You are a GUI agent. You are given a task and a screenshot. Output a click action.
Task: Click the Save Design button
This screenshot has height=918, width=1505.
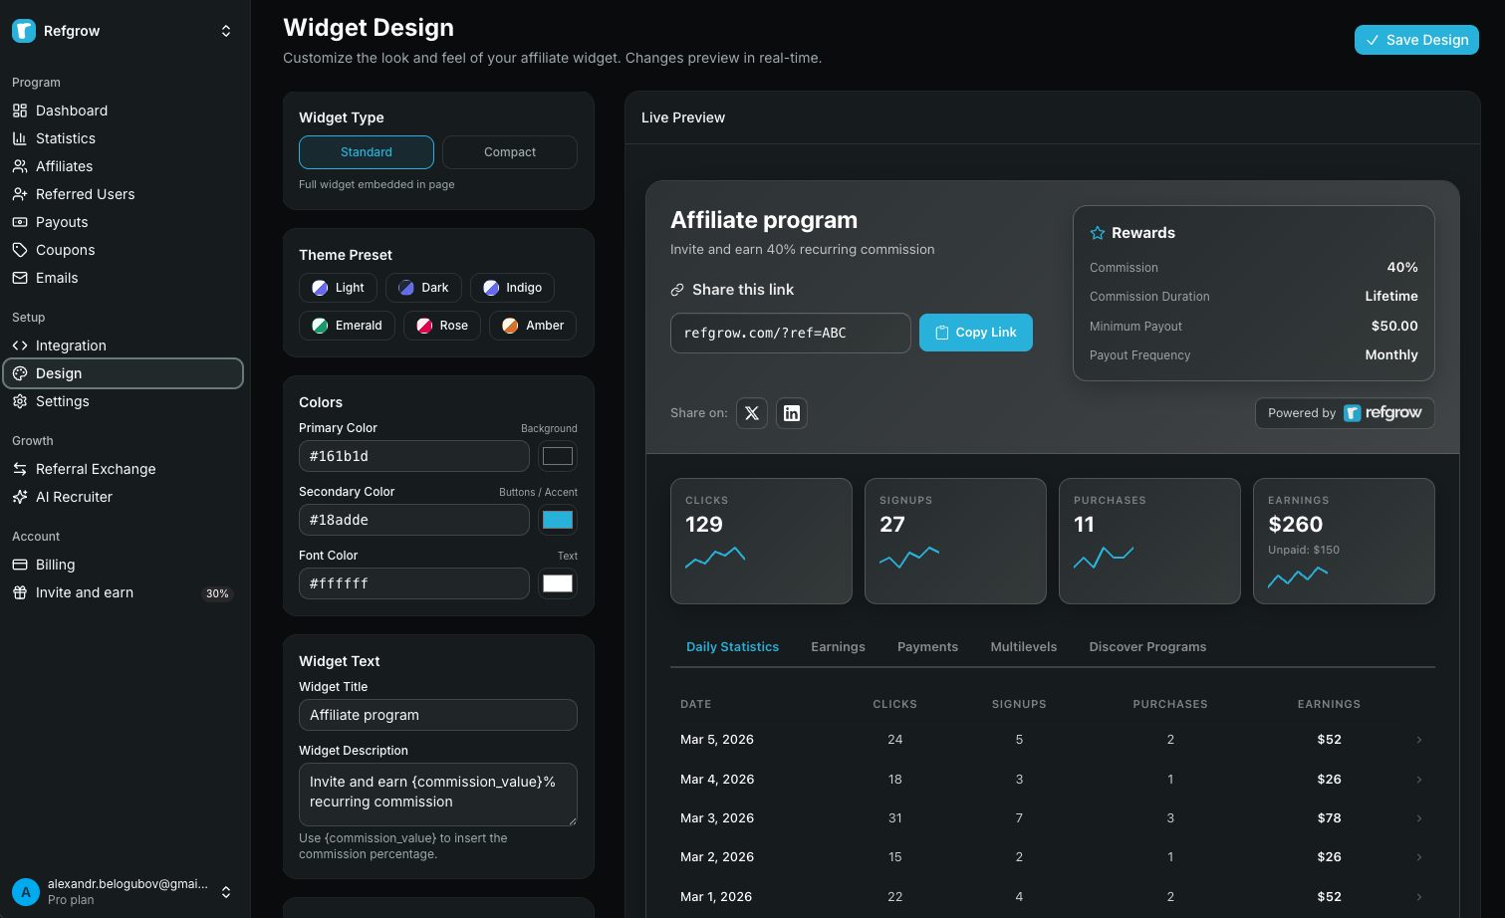click(x=1415, y=40)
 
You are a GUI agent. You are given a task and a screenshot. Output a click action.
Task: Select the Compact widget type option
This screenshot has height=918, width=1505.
click(x=509, y=152)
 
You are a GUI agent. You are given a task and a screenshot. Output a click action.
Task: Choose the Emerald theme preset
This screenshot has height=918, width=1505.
click(x=347, y=326)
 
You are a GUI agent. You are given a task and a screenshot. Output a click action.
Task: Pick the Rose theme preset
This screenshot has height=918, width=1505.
click(x=442, y=326)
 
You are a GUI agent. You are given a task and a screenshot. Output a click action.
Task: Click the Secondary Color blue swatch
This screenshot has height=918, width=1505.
click(x=557, y=520)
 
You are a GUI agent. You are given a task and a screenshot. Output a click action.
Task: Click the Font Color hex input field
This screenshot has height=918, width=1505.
click(x=413, y=583)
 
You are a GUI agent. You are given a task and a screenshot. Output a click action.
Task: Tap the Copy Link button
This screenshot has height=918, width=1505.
click(x=975, y=333)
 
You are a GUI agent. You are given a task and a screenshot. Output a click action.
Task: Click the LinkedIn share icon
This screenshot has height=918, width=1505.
click(x=791, y=413)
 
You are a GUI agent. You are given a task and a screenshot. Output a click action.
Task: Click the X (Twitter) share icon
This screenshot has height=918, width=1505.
click(x=752, y=413)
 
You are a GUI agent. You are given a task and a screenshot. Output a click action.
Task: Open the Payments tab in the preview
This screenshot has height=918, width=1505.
click(x=927, y=647)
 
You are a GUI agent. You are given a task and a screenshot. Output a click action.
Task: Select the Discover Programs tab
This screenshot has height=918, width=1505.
click(x=1147, y=647)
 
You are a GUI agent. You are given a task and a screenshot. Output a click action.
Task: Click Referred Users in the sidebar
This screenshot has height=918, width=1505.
click(x=85, y=194)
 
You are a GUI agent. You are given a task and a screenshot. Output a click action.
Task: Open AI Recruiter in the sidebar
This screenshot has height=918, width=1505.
click(x=74, y=497)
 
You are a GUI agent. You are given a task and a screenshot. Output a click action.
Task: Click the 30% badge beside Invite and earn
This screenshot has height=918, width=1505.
click(x=217, y=593)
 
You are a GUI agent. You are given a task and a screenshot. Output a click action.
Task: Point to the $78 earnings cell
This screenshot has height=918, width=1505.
click(x=1329, y=818)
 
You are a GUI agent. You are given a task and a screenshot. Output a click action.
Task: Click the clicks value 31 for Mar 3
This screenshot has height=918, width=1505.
click(x=894, y=818)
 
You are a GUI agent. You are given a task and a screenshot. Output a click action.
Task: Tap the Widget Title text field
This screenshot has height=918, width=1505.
click(x=437, y=715)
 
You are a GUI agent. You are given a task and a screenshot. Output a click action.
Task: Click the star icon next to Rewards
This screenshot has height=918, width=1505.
click(x=1098, y=233)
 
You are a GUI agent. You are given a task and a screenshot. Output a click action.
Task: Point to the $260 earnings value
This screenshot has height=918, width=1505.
click(x=1295, y=525)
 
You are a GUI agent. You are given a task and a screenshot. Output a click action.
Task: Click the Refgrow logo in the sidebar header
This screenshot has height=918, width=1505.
click(x=24, y=31)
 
